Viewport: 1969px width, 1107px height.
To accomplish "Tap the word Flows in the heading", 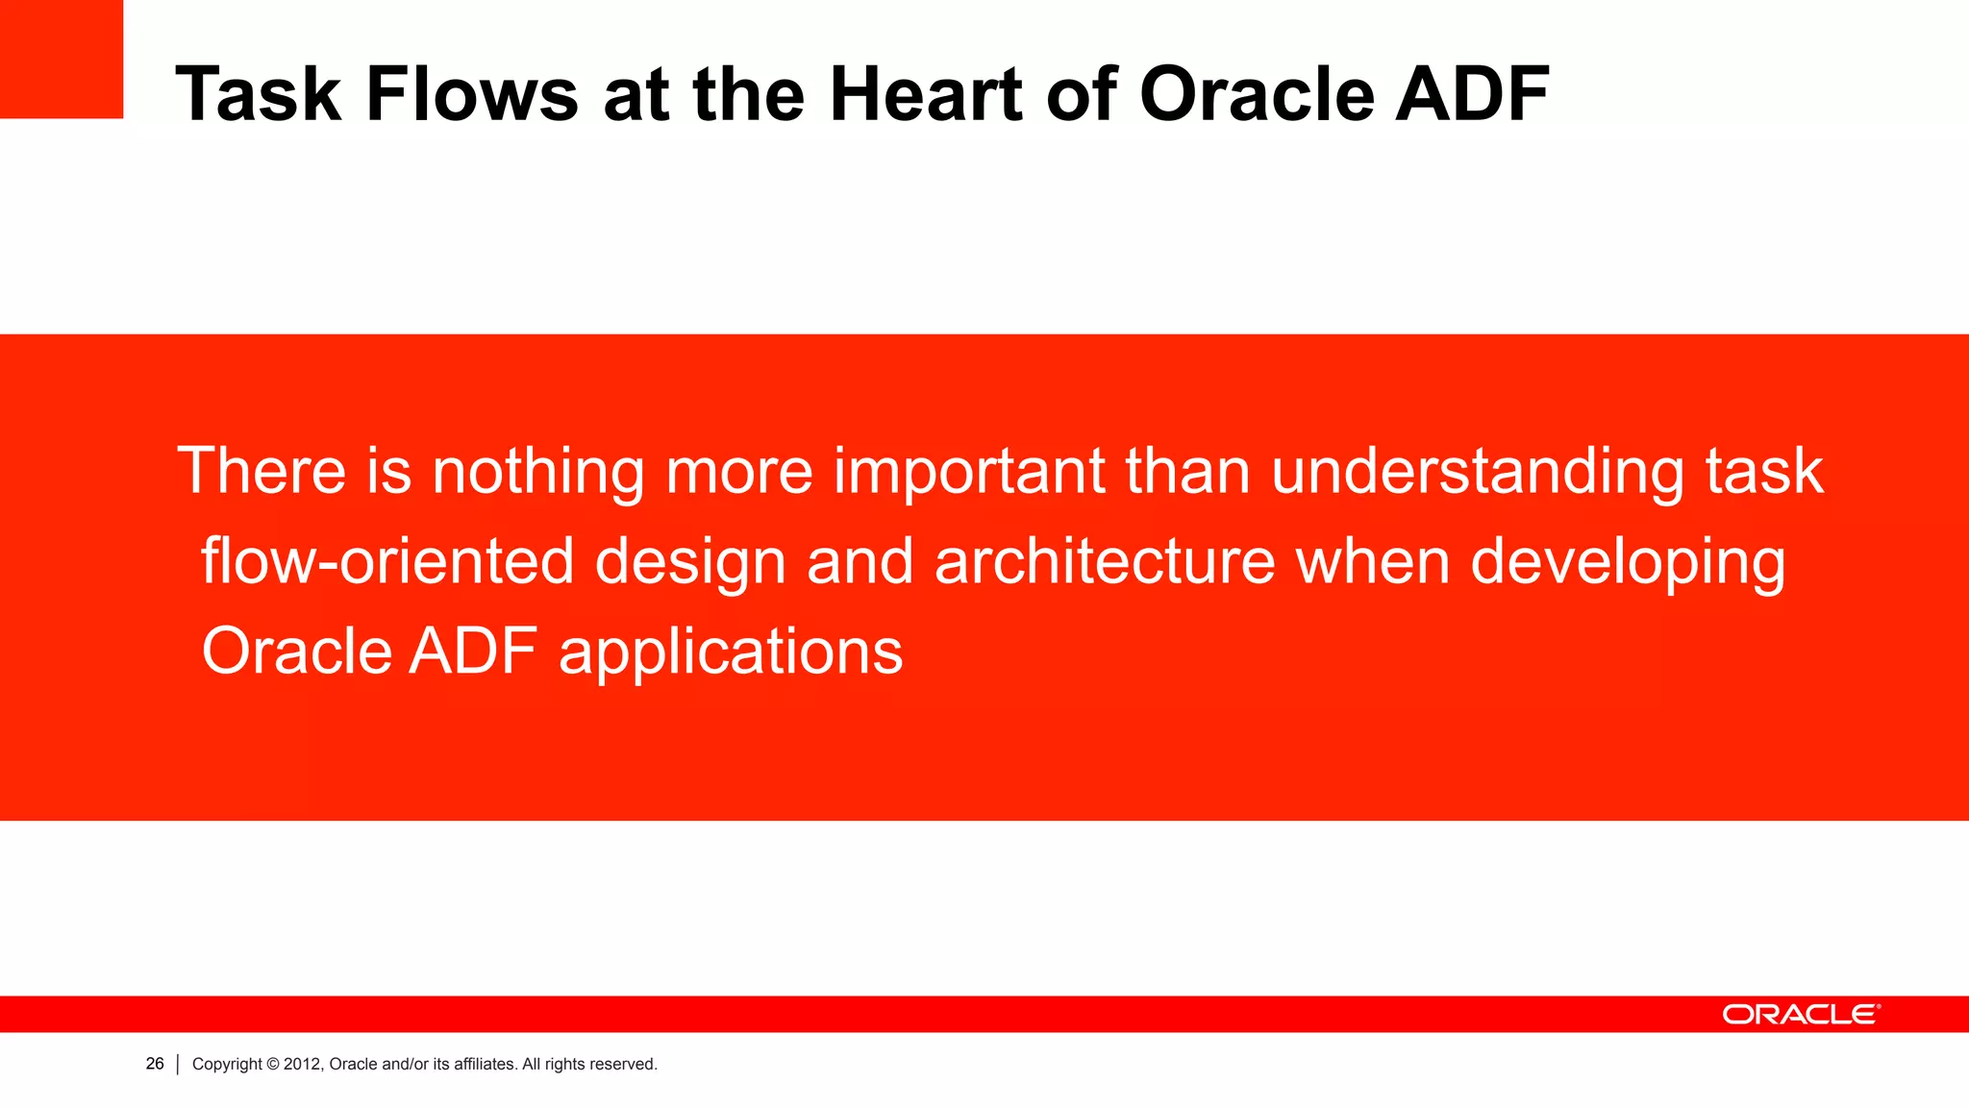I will click(472, 94).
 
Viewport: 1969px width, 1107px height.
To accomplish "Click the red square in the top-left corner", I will click(61, 59).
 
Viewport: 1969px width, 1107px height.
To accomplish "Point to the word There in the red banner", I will click(262, 471).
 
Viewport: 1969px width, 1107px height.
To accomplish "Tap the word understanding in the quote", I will click(1478, 473).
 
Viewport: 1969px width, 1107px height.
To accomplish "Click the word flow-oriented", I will click(387, 561).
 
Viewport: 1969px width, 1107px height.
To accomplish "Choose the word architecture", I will click(1105, 561).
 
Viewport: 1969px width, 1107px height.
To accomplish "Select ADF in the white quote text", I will click(473, 652).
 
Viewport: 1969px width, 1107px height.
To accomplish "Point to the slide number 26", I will click(155, 1064).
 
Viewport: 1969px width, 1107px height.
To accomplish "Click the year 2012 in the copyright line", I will click(302, 1065).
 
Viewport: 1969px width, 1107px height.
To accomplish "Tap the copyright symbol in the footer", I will click(273, 1065).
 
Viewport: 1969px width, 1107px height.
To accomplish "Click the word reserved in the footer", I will click(623, 1065).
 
